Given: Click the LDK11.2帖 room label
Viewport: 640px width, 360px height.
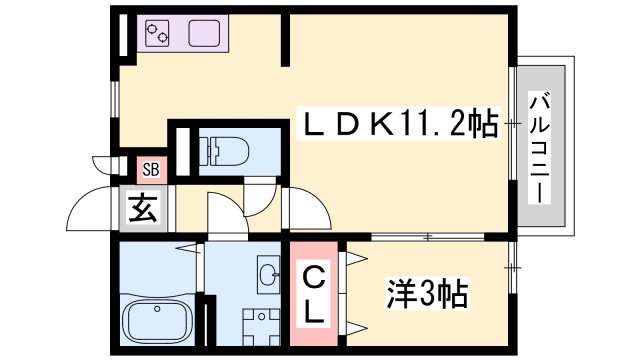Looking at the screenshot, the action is [x=401, y=123].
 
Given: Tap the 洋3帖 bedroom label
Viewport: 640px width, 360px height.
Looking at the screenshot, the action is [x=427, y=293].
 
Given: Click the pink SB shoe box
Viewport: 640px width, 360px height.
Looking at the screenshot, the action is [x=151, y=169].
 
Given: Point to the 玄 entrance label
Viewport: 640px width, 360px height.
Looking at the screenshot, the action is [x=143, y=208].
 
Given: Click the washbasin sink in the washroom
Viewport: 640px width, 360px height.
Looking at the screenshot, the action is [x=268, y=274].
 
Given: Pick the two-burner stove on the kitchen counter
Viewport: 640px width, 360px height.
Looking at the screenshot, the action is [x=158, y=33].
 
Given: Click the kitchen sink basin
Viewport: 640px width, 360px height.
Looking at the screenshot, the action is [x=204, y=33].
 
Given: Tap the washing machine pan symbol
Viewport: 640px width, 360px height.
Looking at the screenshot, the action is [x=261, y=327].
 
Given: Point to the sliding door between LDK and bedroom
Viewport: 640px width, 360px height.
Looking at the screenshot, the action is [x=428, y=237].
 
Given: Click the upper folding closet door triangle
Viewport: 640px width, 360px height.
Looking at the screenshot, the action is [x=356, y=258].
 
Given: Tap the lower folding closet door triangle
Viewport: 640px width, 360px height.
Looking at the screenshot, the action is [x=356, y=327].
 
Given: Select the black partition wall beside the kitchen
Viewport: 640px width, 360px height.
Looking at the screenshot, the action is [x=285, y=40].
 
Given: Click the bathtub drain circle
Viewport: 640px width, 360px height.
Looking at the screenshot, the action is [x=157, y=309].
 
